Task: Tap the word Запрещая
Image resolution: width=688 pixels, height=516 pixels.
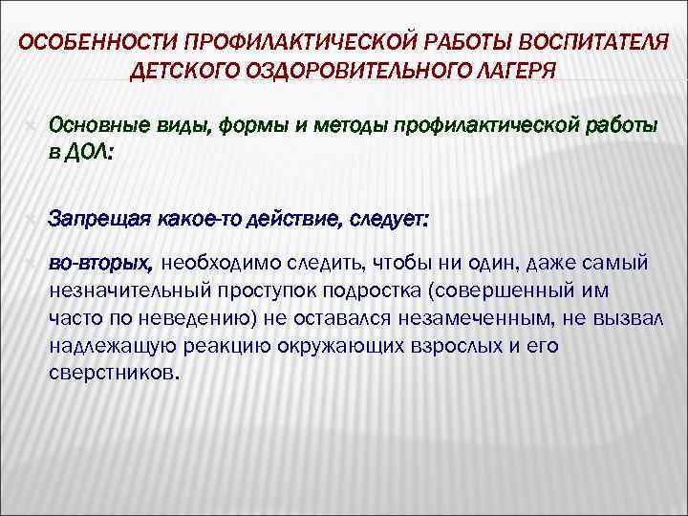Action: (x=94, y=220)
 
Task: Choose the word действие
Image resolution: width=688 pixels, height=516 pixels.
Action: (x=287, y=220)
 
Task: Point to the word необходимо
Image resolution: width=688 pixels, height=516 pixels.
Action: (x=223, y=262)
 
